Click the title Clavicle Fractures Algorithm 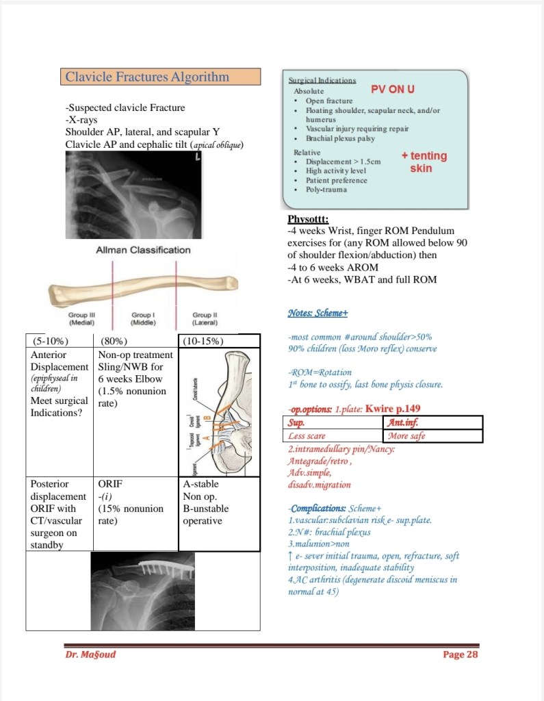(x=147, y=77)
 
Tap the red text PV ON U (x=392, y=90)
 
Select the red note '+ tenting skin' (x=424, y=162)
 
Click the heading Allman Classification (x=144, y=250)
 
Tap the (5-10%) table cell (x=50, y=341)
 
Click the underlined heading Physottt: (x=308, y=220)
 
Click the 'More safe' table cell (x=406, y=435)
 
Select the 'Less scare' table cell (x=307, y=435)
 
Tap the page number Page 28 (x=460, y=654)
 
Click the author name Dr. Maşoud (x=90, y=654)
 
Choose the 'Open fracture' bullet (x=329, y=101)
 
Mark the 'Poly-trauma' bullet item (x=326, y=190)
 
